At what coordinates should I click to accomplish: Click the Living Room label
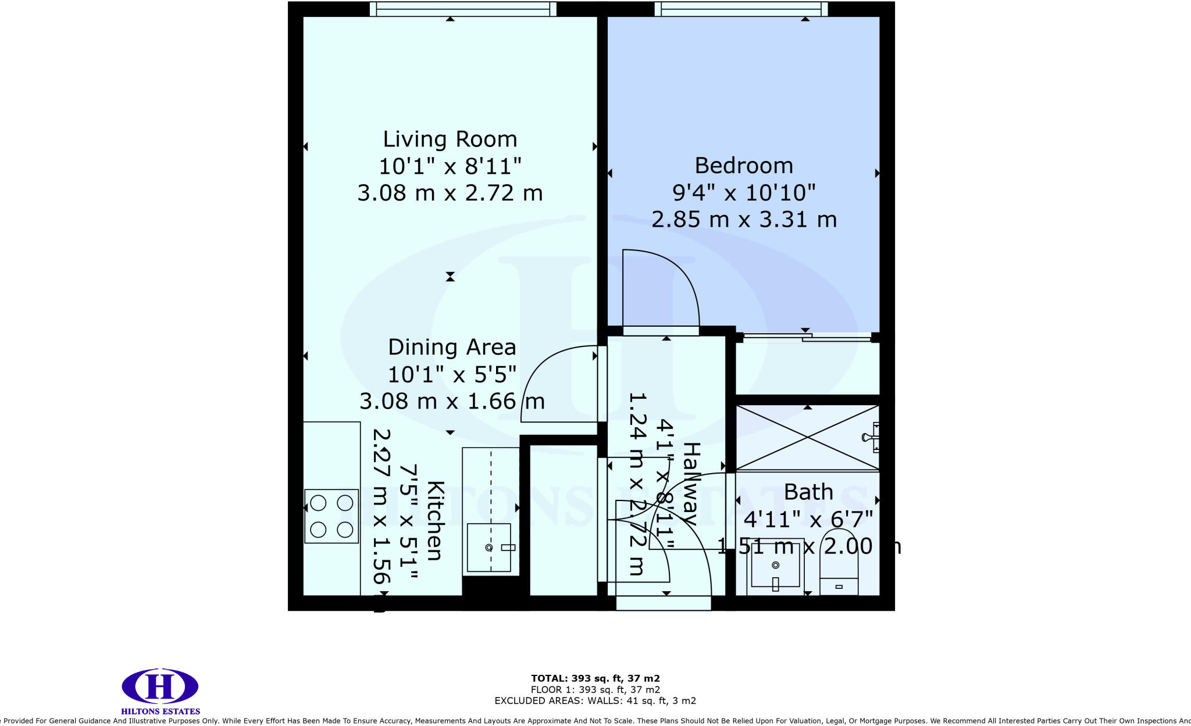pyautogui.click(x=450, y=140)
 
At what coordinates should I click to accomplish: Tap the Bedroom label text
pyautogui.click(x=744, y=166)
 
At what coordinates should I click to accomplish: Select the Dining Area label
pyautogui.click(x=452, y=348)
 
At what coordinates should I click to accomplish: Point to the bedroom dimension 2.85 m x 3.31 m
pyautogui.click(x=744, y=220)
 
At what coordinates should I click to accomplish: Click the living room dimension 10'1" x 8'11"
pyautogui.click(x=450, y=167)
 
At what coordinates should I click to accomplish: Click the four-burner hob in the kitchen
pyautogui.click(x=331, y=516)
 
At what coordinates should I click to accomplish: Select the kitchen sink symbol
pyautogui.click(x=489, y=548)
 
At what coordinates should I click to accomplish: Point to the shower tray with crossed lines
pyautogui.click(x=807, y=437)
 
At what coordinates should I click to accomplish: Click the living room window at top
pyautogui.click(x=463, y=9)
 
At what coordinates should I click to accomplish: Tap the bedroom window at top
pyautogui.click(x=741, y=9)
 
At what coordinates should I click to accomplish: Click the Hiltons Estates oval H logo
pyautogui.click(x=160, y=686)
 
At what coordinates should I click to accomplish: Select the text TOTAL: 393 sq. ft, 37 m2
pyautogui.click(x=595, y=678)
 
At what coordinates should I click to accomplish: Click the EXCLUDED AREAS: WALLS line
pyautogui.click(x=595, y=701)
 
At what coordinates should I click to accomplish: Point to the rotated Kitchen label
pyautogui.click(x=436, y=520)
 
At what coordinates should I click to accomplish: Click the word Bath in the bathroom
pyautogui.click(x=808, y=492)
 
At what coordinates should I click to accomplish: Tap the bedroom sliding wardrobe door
pyautogui.click(x=807, y=337)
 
